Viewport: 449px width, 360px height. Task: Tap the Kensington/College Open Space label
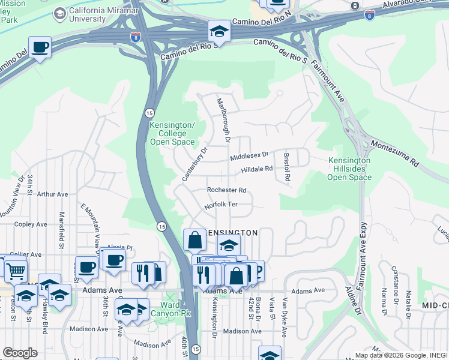[172, 133]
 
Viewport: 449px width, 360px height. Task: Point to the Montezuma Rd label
[394, 152]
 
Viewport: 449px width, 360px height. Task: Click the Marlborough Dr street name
[223, 120]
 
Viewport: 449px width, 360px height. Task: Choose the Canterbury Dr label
[194, 164]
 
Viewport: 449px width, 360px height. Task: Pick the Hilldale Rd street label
[257, 170]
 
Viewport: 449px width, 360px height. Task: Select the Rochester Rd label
[226, 190]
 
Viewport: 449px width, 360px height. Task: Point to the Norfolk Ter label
[221, 205]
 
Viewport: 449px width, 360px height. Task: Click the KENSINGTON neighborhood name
[232, 232]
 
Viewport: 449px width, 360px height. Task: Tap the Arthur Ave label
[52, 194]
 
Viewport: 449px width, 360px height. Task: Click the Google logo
[20, 353]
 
